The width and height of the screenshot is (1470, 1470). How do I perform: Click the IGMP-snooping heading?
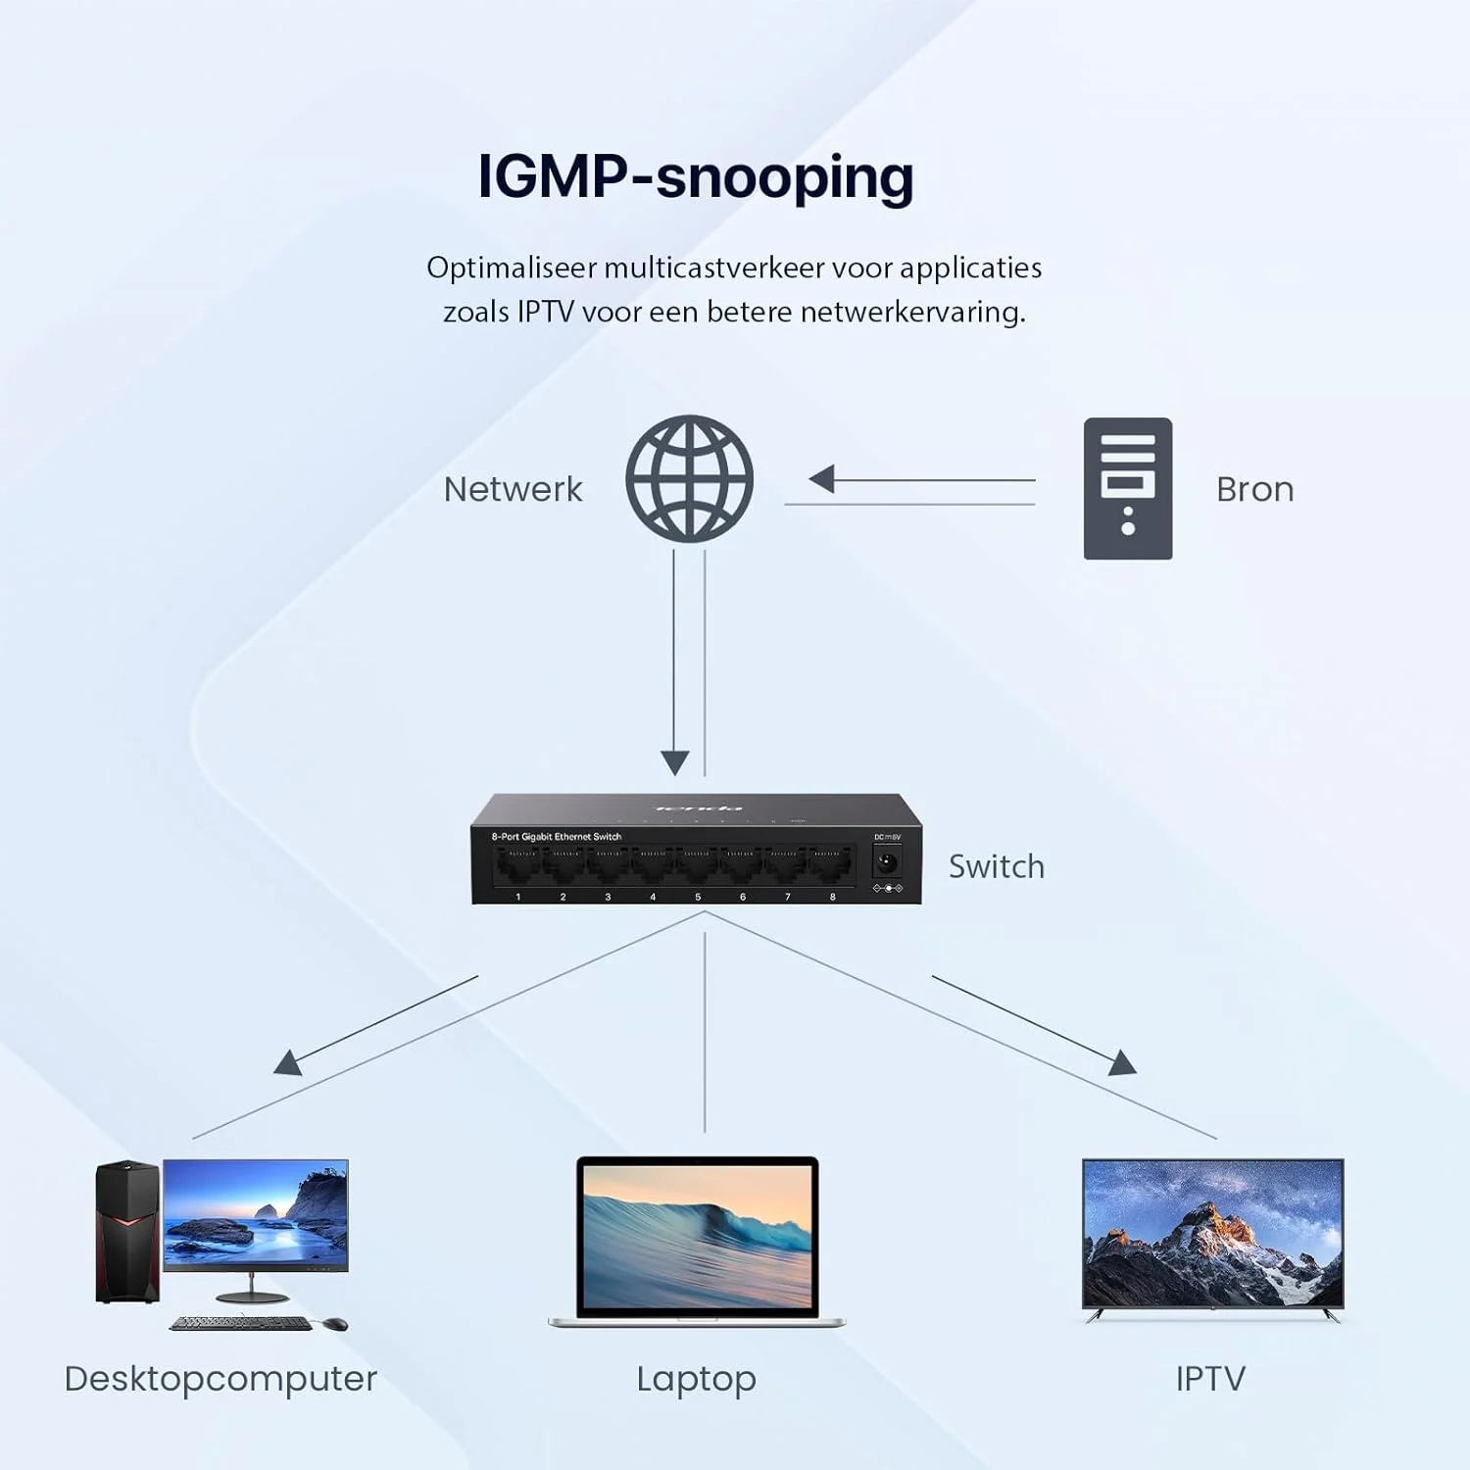tap(695, 177)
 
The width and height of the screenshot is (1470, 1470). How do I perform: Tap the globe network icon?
tap(689, 478)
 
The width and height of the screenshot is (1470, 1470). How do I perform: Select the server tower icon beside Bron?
tap(1127, 488)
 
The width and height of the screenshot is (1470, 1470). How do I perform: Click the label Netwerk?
tap(513, 489)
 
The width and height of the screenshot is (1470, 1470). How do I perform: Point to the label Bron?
tap(1254, 489)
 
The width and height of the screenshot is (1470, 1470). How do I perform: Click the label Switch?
tap(996, 866)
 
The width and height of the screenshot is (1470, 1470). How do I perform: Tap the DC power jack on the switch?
tap(887, 863)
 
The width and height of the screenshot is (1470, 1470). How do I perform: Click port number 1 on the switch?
tap(517, 866)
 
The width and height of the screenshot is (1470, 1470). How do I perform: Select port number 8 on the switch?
tap(830, 866)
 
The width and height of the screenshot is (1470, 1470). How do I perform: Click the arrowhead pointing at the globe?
tap(821, 479)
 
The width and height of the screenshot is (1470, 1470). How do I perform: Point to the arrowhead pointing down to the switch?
tap(674, 761)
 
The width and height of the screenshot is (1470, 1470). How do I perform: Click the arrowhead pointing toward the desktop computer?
tap(287, 1063)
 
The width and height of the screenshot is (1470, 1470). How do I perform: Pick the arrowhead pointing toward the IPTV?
tap(1123, 1063)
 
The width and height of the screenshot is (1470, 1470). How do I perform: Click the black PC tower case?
tap(126, 1232)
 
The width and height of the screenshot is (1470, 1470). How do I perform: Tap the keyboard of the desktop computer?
tap(241, 1323)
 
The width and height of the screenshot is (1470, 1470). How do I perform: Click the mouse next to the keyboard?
tap(335, 1324)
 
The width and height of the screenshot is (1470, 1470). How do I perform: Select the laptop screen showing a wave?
tap(697, 1235)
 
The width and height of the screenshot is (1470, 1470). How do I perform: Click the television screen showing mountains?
tap(1212, 1233)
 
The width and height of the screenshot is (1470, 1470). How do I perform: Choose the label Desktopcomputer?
tap(220, 1379)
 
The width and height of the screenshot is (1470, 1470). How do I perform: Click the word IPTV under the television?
tap(1210, 1379)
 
